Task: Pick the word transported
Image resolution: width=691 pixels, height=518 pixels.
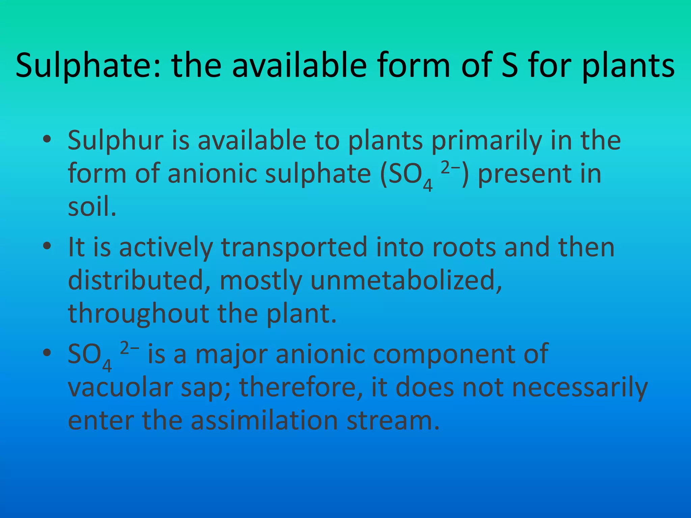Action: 294,247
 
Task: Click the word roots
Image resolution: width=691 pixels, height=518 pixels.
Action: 464,247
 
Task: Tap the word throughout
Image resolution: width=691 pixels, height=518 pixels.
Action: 138,313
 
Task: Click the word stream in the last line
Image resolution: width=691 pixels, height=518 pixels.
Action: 393,420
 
